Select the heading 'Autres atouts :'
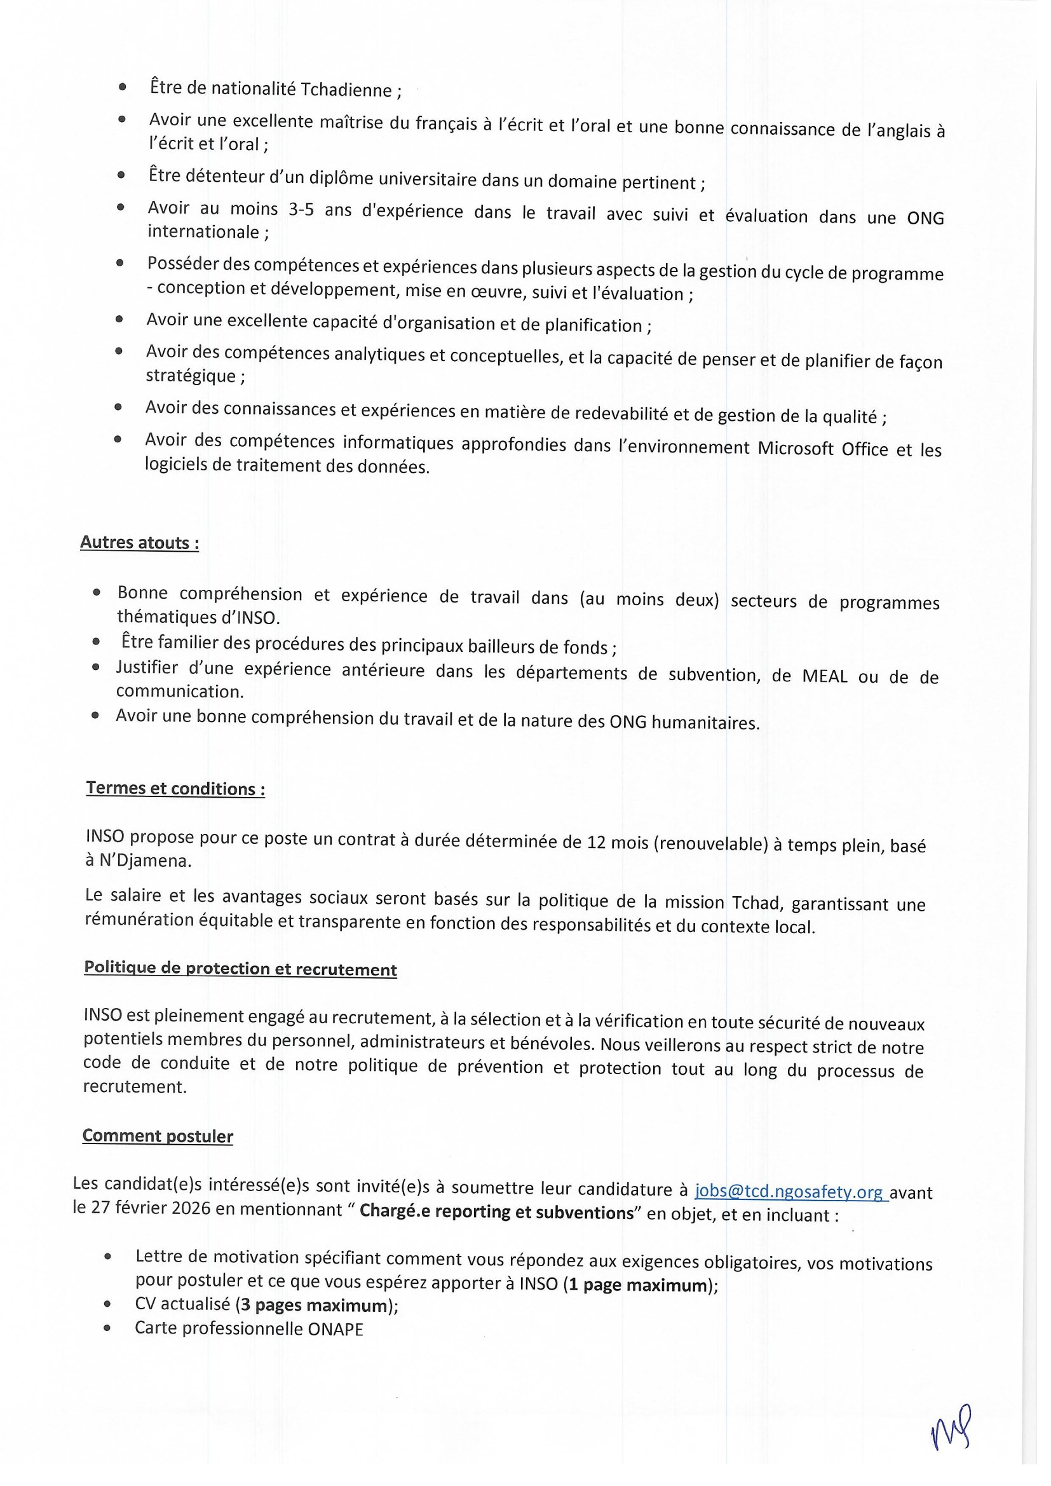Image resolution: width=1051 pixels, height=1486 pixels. (139, 542)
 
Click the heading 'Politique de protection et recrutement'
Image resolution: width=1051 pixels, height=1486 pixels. (240, 968)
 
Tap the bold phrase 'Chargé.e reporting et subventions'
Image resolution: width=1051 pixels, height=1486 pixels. (496, 1212)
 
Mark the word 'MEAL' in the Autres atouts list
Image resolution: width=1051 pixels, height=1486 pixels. (825, 676)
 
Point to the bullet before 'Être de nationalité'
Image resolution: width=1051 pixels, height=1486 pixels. (122, 86)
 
